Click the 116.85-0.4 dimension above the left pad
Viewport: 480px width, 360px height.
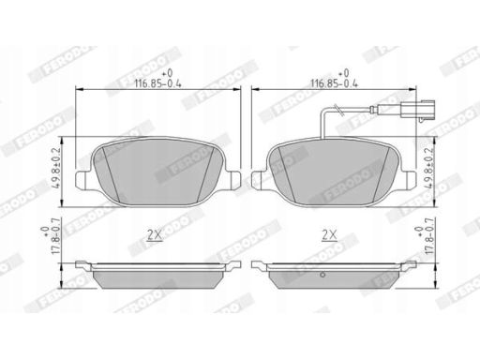[x=157, y=83]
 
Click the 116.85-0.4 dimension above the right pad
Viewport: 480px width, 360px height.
[x=334, y=83]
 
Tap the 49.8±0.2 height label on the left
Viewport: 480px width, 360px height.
[x=57, y=172]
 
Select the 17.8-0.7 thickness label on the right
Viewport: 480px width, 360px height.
[x=428, y=236]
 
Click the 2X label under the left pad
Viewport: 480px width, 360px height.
[x=155, y=235]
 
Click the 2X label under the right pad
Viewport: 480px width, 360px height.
[x=330, y=235]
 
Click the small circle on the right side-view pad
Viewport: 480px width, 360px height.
[x=322, y=275]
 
